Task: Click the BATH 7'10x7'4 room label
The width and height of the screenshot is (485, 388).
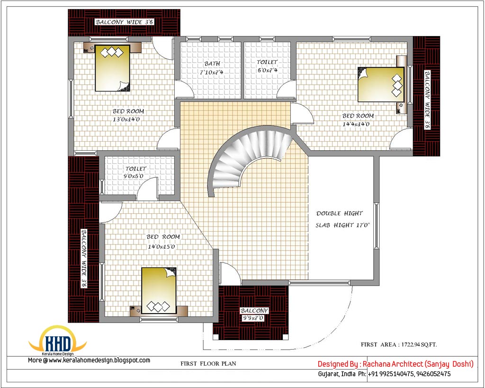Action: pos(212,68)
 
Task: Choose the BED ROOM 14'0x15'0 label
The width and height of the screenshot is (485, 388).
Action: pos(163,241)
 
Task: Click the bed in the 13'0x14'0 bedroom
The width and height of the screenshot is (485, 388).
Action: pos(112,68)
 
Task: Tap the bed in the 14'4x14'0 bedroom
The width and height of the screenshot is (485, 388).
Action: pos(380,84)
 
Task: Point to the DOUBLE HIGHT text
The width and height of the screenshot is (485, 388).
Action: pos(340,214)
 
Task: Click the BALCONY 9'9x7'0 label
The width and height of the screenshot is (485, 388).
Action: pos(254,314)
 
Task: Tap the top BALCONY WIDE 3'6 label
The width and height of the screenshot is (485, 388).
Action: pos(125,22)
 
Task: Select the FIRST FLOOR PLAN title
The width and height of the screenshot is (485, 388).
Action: pos(208,364)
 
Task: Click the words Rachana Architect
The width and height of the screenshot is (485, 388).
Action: pos(393,364)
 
